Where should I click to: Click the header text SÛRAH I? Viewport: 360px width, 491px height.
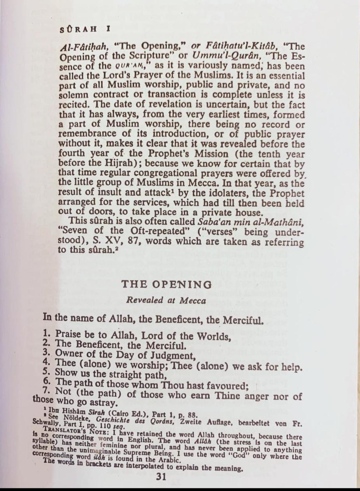pos(85,29)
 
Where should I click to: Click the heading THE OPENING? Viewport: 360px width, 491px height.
pos(167,285)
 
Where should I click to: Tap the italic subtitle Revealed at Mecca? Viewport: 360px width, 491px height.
pos(166,300)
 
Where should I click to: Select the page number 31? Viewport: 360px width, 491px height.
pos(162,477)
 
